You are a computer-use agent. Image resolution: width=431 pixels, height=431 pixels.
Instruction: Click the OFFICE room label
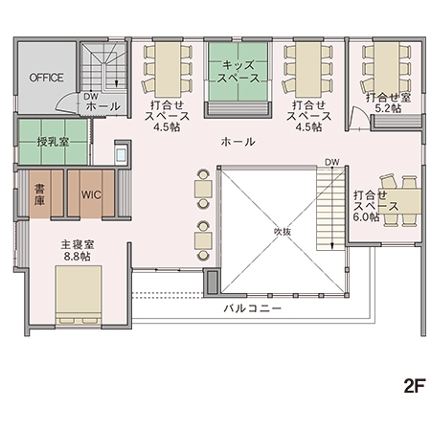(x=45, y=76)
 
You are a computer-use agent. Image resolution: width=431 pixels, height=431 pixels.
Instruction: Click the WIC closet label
(x=91, y=194)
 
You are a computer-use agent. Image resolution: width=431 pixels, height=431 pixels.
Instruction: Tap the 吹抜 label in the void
(x=282, y=231)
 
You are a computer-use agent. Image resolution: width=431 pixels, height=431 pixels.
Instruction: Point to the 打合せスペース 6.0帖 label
(x=367, y=205)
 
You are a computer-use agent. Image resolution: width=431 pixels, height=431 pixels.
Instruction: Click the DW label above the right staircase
(x=331, y=161)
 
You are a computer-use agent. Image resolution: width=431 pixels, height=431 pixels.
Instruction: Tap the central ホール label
(x=238, y=142)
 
